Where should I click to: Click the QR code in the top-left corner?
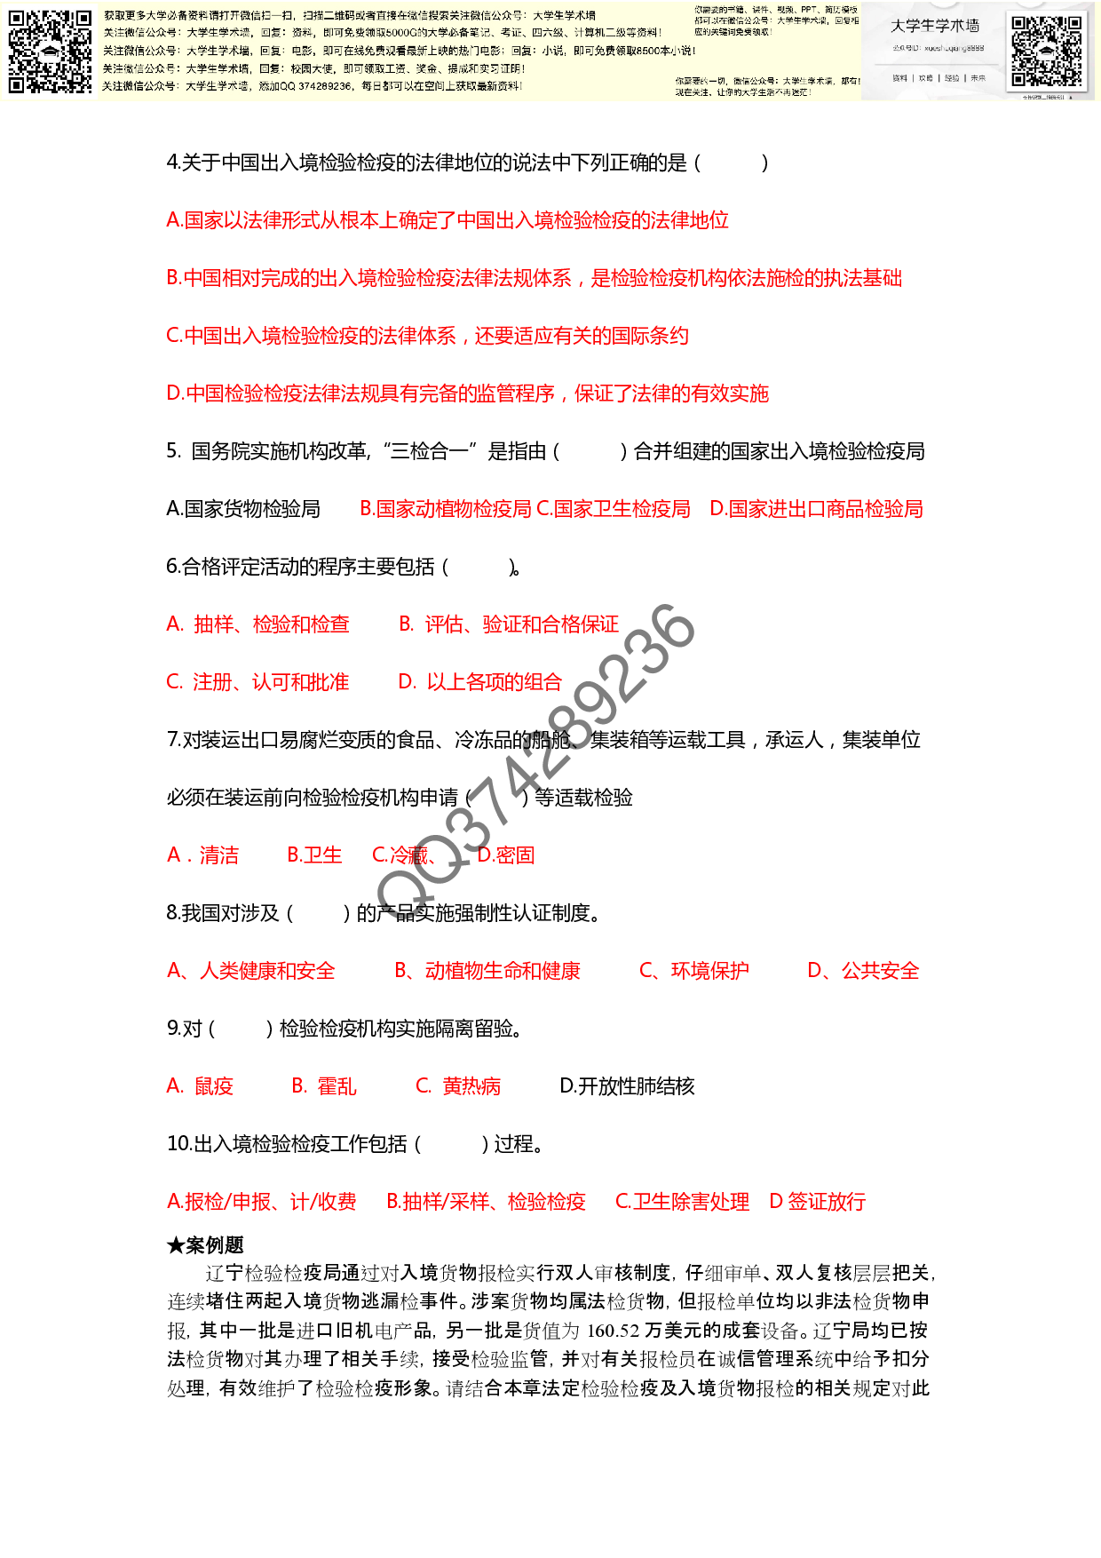point(50,52)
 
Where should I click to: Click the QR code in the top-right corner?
point(1047,51)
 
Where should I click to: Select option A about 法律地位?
point(448,220)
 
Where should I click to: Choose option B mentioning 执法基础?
point(535,278)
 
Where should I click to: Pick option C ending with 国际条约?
point(428,336)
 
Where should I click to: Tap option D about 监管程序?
point(468,393)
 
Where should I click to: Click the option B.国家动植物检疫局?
point(446,509)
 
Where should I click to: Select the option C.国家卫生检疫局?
point(614,509)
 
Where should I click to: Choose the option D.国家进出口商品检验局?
point(817,509)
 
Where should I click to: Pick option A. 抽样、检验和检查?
point(258,624)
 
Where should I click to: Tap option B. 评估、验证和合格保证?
point(510,624)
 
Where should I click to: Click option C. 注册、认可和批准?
point(258,682)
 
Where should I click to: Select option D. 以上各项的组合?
point(480,682)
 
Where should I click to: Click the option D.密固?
point(506,855)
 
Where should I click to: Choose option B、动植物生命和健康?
point(487,971)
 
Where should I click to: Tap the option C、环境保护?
point(694,971)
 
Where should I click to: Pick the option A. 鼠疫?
point(201,1086)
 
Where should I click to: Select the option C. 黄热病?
point(458,1086)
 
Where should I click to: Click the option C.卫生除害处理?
point(683,1202)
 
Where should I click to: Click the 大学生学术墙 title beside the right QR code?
point(935,26)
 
